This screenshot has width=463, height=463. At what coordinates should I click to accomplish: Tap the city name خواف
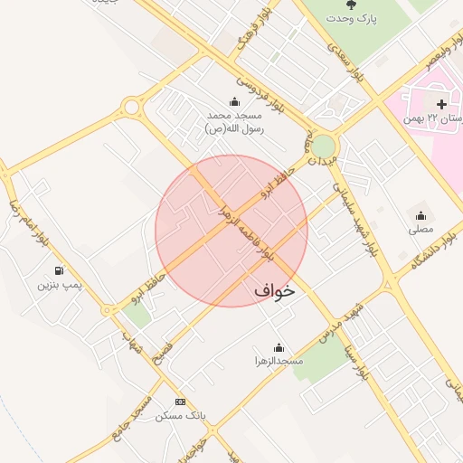coord(275,291)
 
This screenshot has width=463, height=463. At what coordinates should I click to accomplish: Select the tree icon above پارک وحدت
coord(352,5)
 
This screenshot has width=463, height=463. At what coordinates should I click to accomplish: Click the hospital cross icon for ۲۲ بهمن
coord(441,105)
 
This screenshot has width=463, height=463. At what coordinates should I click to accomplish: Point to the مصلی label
coord(420,230)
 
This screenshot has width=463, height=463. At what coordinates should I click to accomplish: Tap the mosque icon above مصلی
coord(420,215)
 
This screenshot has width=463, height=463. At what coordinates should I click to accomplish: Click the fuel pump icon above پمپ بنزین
coord(60,270)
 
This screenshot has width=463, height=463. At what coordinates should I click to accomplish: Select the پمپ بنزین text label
coord(60,285)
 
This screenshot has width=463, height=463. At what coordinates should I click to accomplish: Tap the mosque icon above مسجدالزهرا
coord(279,347)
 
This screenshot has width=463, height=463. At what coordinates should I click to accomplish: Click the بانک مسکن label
coord(181,415)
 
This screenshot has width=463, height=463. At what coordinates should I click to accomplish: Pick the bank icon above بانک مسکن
coord(181,402)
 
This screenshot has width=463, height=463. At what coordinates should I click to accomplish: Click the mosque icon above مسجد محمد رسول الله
coord(234,101)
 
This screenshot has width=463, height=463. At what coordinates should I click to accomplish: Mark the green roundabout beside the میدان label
coord(323,146)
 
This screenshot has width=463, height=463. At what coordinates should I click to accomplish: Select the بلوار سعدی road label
coord(345,62)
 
